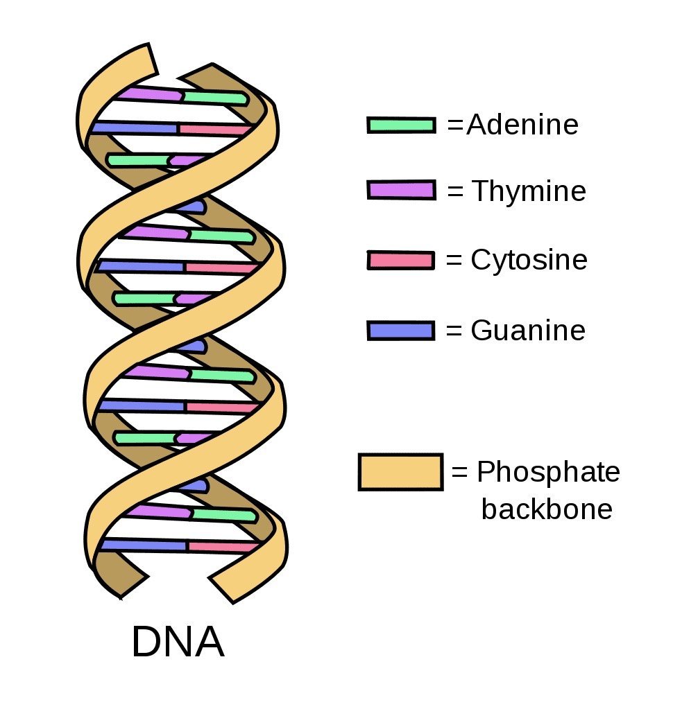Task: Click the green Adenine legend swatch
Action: pos(402,125)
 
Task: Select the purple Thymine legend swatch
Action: pos(402,190)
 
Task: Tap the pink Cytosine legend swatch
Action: pos(400,261)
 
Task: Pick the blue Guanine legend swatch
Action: pos(401,331)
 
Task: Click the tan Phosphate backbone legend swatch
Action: pos(400,472)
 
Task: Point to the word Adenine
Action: pos(522,125)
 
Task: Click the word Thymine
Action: pos(529,191)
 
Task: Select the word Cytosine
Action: pos(529,261)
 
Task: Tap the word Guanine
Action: pos(528,331)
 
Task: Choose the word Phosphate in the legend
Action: pos(548,473)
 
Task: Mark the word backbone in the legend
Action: pos(547,509)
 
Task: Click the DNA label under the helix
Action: pos(178,642)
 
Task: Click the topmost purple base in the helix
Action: pos(149,93)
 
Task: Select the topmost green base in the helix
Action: pos(215,98)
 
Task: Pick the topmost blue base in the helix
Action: pos(135,128)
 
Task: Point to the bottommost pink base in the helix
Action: pos(222,547)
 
